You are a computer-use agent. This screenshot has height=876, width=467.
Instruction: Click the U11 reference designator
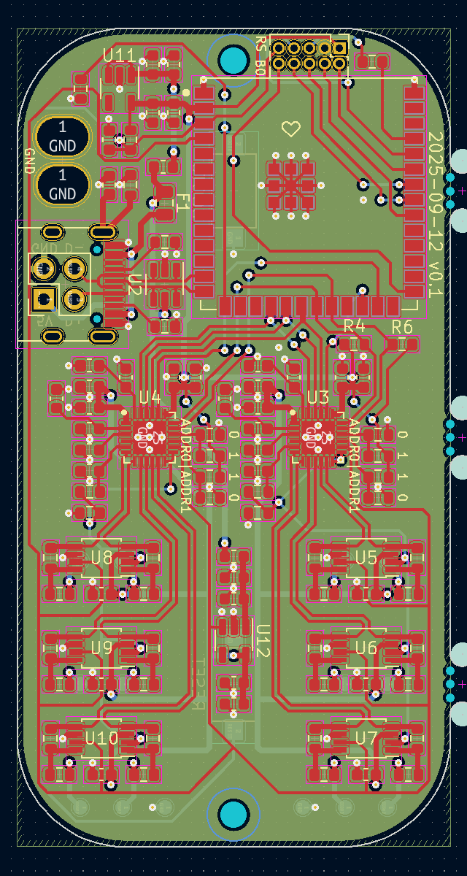tap(119, 55)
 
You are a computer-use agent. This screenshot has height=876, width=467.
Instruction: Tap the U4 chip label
tap(150, 397)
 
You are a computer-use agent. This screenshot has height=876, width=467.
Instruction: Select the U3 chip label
tap(318, 397)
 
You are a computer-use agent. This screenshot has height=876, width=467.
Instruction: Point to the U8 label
tap(102, 558)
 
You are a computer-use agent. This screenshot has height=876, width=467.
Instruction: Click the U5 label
tap(366, 558)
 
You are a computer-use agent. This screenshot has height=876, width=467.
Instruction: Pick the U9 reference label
tap(102, 648)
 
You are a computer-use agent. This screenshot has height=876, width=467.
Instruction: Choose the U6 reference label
tap(366, 648)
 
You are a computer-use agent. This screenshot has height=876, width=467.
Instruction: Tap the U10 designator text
tap(101, 738)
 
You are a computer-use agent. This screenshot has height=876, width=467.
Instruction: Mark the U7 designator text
tap(366, 738)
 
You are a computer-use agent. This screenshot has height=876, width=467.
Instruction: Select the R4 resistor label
tap(354, 326)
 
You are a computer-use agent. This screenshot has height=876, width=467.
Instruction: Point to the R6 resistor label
tap(402, 326)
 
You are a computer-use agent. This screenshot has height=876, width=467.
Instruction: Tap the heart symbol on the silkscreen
tap(291, 129)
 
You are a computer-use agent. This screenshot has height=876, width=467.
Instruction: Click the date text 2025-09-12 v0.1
tap(435, 215)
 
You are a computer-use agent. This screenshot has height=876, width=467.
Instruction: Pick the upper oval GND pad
tap(63, 136)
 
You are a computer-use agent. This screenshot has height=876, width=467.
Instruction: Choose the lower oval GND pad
tap(63, 185)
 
